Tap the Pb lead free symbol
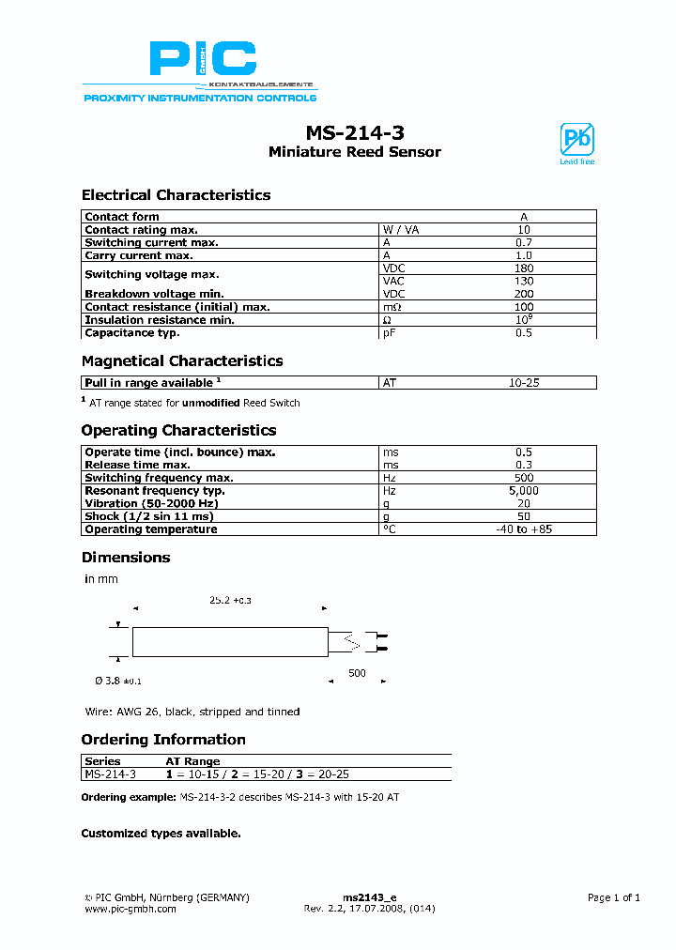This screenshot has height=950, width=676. point(576,142)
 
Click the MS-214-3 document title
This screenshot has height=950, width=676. point(355,133)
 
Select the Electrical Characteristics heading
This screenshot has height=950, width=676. point(176,195)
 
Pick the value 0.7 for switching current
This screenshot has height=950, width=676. point(524,242)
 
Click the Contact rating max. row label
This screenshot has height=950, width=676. point(141,230)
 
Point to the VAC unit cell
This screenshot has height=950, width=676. point(392,281)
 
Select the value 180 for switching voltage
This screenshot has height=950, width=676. point(524,268)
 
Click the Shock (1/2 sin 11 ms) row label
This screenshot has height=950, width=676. point(149,516)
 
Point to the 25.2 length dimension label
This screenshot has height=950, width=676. point(230,599)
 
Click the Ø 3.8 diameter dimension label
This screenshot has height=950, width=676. point(113,680)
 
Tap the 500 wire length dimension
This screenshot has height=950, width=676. point(357,673)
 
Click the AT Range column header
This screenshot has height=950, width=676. point(192,761)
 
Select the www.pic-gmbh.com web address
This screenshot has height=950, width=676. point(131,909)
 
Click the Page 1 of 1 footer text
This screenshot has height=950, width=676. point(613,897)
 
